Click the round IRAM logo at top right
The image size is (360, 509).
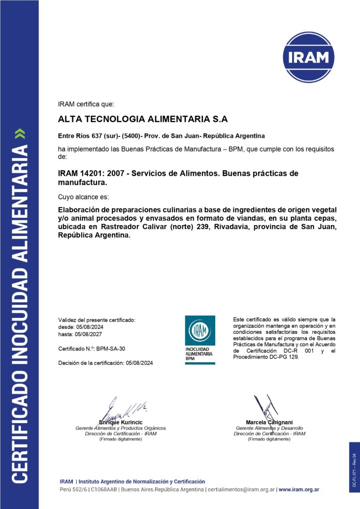tap(308, 57)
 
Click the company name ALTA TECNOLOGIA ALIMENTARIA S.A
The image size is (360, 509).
tap(142, 119)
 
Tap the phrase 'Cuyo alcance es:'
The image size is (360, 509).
tap(83, 197)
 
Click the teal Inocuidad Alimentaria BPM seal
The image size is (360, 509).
tap(200, 340)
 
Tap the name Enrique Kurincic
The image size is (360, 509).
tap(120, 422)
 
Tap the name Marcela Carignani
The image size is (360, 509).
tap(269, 422)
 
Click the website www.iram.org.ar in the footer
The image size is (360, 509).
tap(299, 490)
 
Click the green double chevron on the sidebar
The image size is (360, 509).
tap(19, 134)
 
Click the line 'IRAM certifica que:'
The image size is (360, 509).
tap(86, 104)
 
